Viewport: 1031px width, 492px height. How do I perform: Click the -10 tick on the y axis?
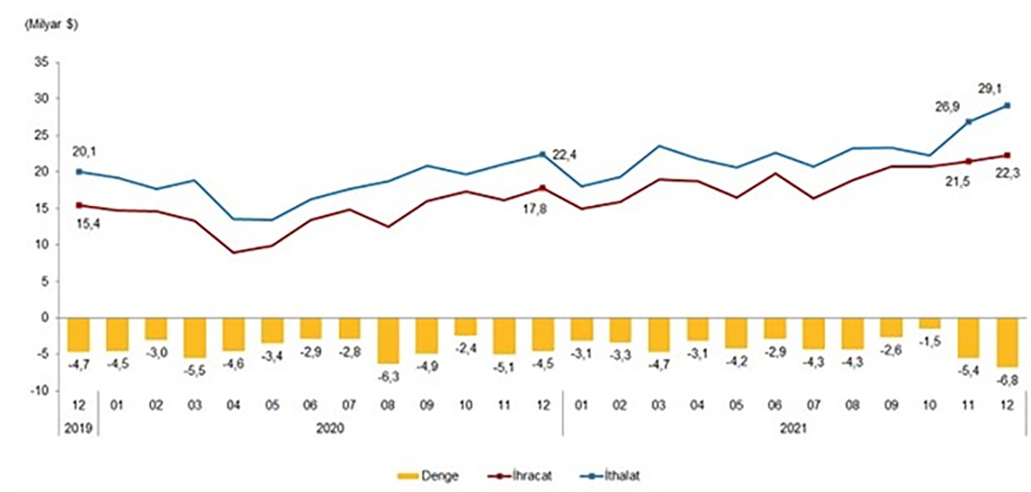click(38, 391)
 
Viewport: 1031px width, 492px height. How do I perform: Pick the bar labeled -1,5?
click(930, 323)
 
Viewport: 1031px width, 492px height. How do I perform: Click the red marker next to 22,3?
click(1008, 155)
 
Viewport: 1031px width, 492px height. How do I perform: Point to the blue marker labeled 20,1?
click(79, 172)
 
